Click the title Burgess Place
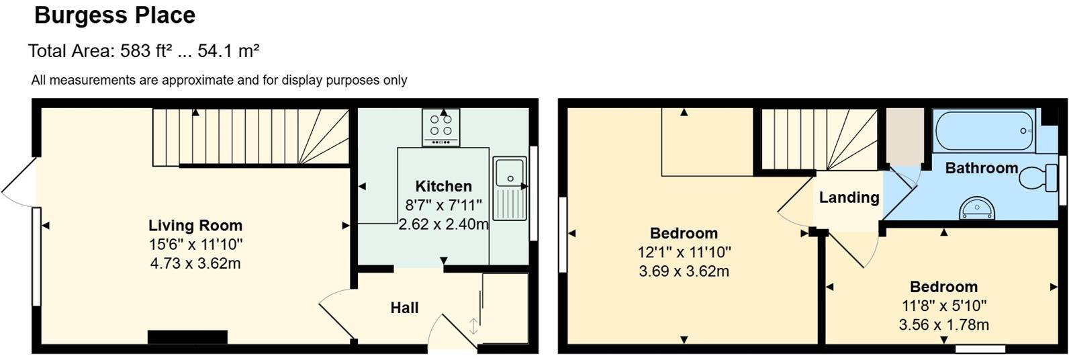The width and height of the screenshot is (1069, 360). coord(115,15)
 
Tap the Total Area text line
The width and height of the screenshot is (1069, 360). coord(144,51)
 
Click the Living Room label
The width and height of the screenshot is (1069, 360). coord(195,226)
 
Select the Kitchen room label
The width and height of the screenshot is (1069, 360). coord(443,186)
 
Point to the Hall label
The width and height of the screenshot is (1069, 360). coord(404,308)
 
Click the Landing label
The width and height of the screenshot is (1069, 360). coord(849,197)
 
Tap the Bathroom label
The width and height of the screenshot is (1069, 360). coord(981,168)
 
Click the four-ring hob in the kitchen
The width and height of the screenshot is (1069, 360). coord(441,127)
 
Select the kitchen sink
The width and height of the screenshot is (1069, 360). coord(510,188)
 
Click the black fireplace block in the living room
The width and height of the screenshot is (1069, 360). coord(187,337)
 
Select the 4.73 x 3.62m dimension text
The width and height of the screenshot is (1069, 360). coord(195,263)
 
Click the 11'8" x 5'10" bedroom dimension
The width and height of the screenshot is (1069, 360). coord(943,306)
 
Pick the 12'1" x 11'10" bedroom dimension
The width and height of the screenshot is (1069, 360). coord(684,253)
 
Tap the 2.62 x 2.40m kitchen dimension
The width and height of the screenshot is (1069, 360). coord(443,224)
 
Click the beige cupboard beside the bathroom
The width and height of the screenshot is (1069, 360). coord(904,136)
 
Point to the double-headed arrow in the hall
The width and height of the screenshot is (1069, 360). coord(473,326)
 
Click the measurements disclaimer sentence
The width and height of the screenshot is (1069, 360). coord(219,81)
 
